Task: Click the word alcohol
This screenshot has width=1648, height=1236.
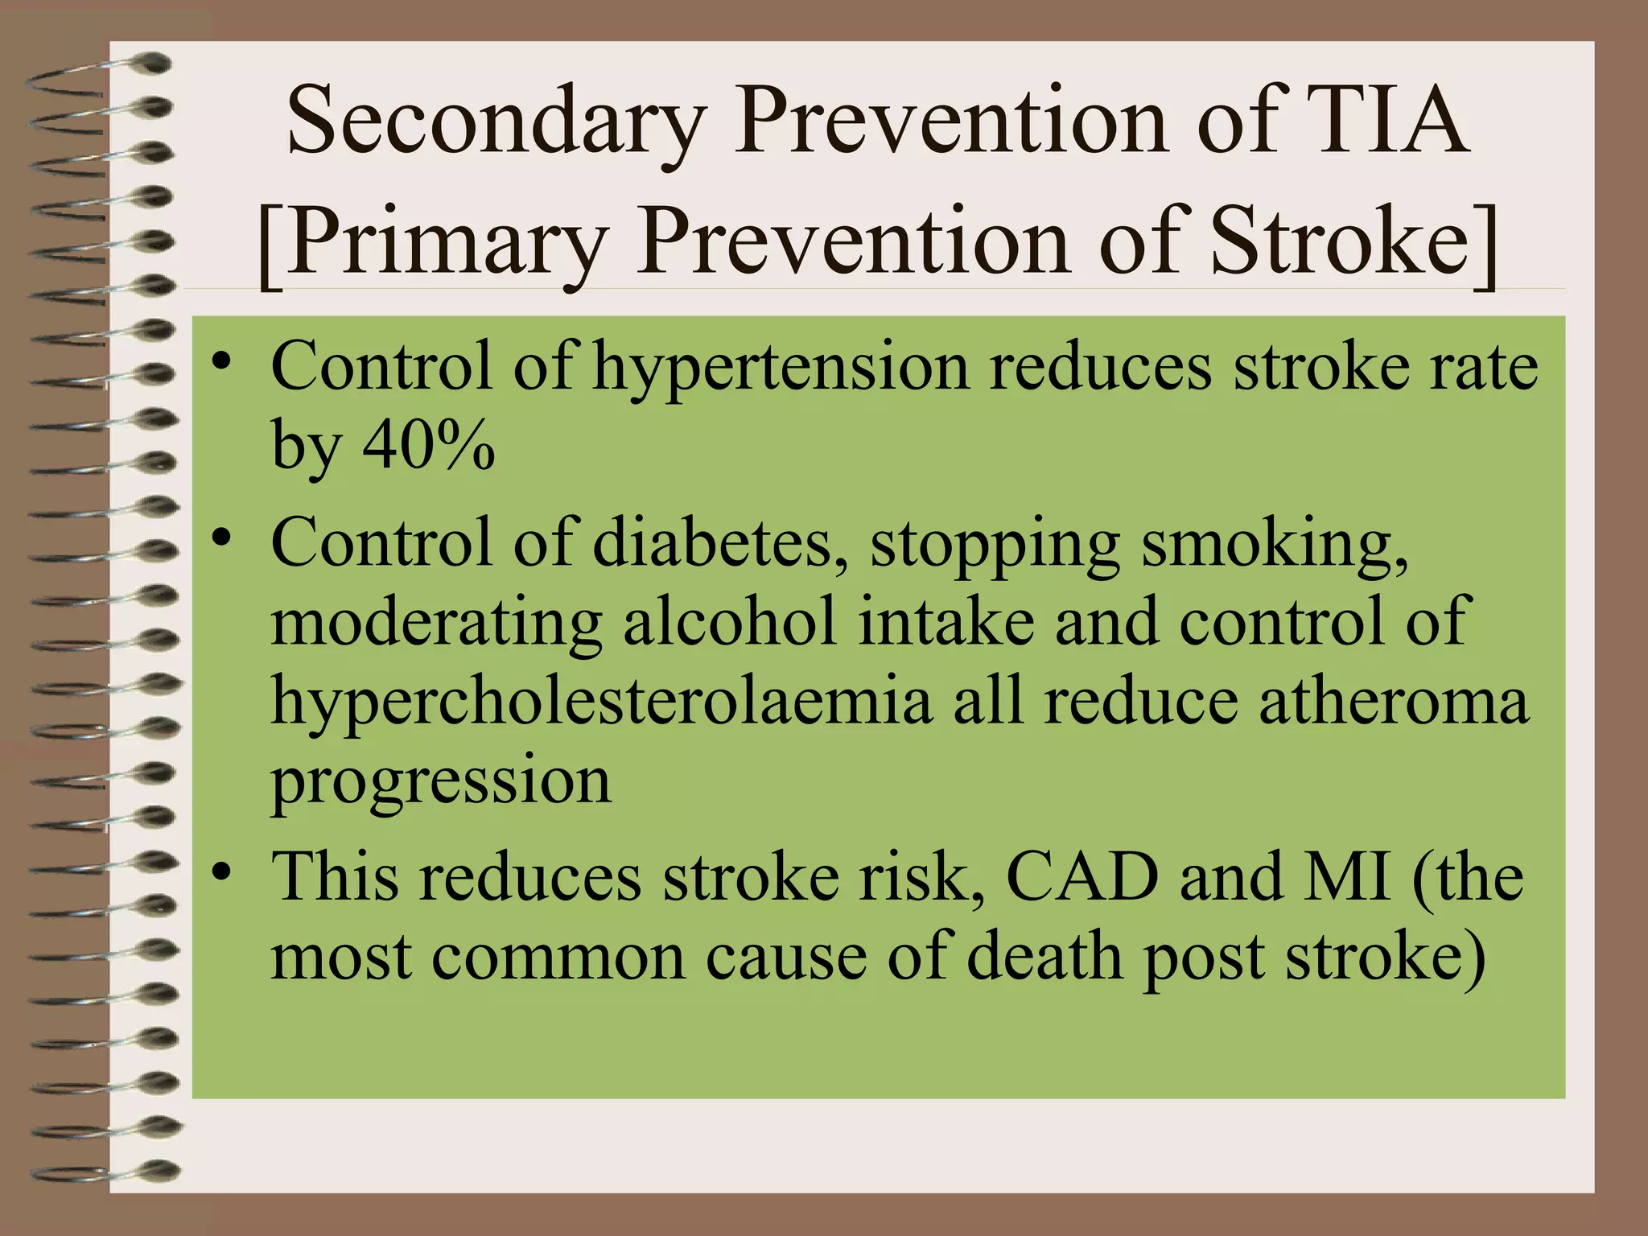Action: [729, 621]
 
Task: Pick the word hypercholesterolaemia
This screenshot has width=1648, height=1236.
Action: [602, 700]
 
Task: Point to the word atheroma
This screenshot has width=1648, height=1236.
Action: [1393, 700]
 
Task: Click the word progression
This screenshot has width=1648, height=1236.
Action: [441, 781]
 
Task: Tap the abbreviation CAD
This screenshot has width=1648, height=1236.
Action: [1083, 876]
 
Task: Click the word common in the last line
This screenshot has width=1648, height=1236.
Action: [558, 958]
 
